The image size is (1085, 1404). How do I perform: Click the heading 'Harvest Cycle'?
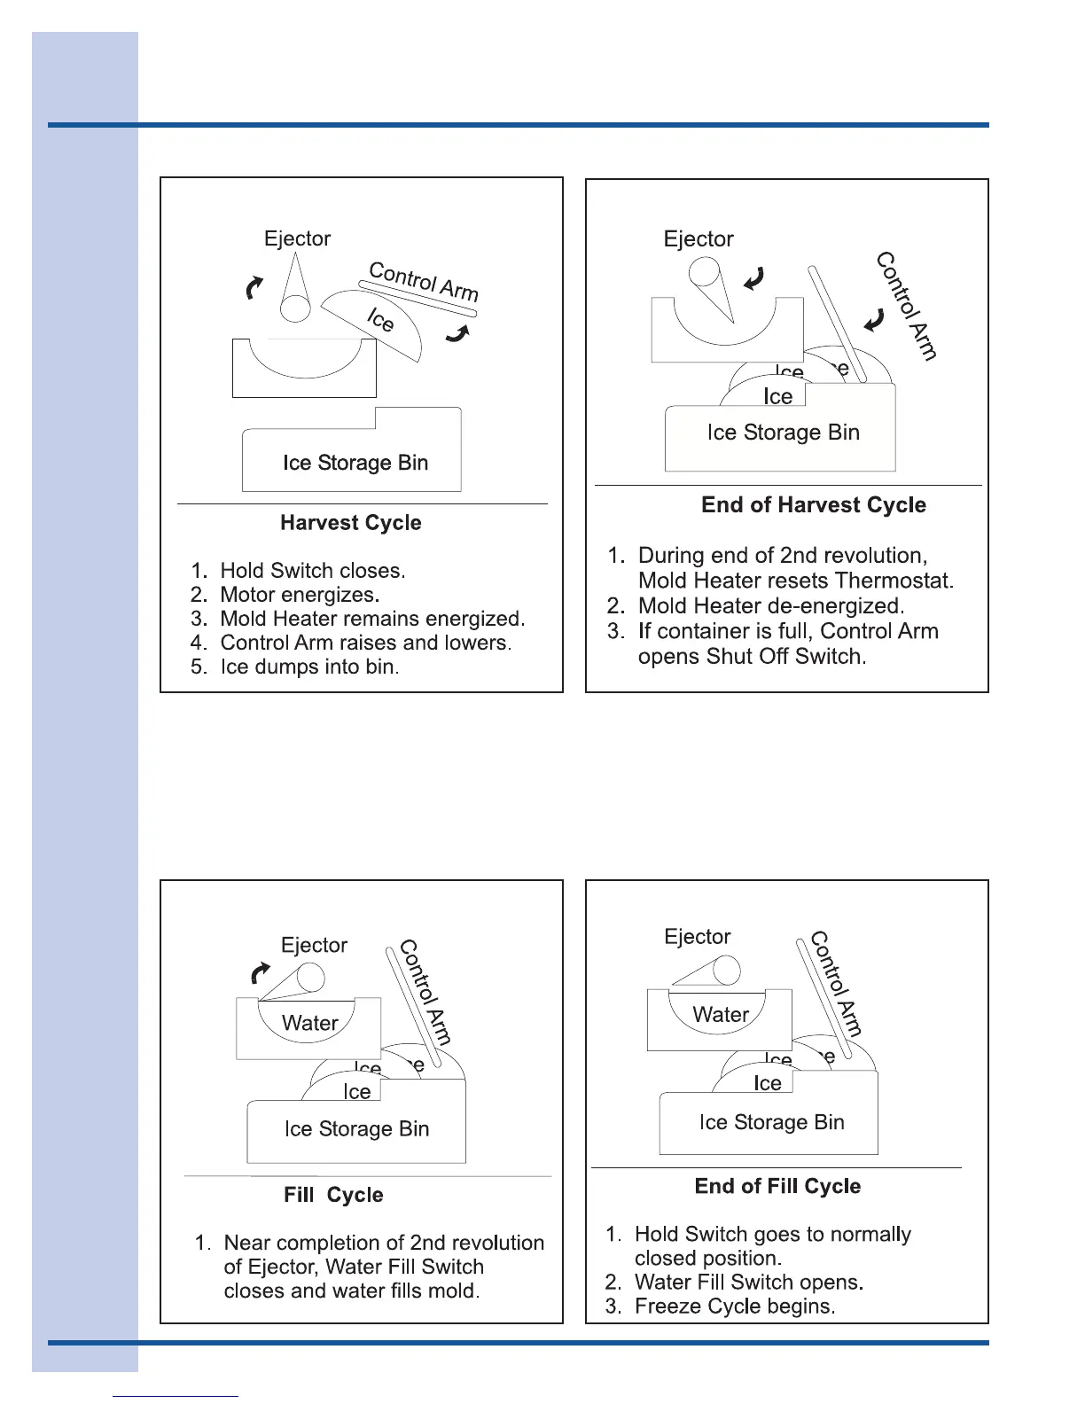tap(351, 523)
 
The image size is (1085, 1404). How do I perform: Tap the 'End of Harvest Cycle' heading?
tap(813, 505)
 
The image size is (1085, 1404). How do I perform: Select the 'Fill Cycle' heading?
tap(333, 1195)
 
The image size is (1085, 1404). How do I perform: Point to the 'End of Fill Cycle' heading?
tap(777, 1187)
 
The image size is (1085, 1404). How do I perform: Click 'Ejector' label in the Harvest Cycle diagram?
tap(297, 239)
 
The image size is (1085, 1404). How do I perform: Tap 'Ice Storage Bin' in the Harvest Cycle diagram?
tap(355, 463)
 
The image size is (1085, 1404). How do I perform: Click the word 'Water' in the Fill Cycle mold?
tap(309, 1023)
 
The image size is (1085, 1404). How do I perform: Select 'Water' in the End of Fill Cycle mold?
tap(721, 1015)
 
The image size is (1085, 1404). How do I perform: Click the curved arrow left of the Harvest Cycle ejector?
tap(254, 287)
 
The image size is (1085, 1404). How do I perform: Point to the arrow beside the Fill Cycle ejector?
tap(261, 974)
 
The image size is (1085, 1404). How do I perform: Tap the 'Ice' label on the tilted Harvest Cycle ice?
tap(380, 319)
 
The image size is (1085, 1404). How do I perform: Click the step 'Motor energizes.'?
tap(300, 595)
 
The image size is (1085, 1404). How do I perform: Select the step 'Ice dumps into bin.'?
tap(309, 667)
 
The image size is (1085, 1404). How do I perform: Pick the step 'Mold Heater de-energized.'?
tap(770, 606)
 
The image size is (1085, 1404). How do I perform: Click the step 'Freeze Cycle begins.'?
tap(735, 1306)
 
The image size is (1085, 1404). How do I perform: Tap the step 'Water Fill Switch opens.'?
tap(749, 1283)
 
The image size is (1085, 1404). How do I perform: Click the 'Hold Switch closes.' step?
tap(312, 571)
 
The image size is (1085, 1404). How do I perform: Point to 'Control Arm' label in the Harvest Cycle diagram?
tap(423, 281)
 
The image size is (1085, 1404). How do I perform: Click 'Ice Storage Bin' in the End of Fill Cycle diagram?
tap(771, 1122)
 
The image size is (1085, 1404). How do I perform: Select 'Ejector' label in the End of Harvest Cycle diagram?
tap(699, 239)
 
